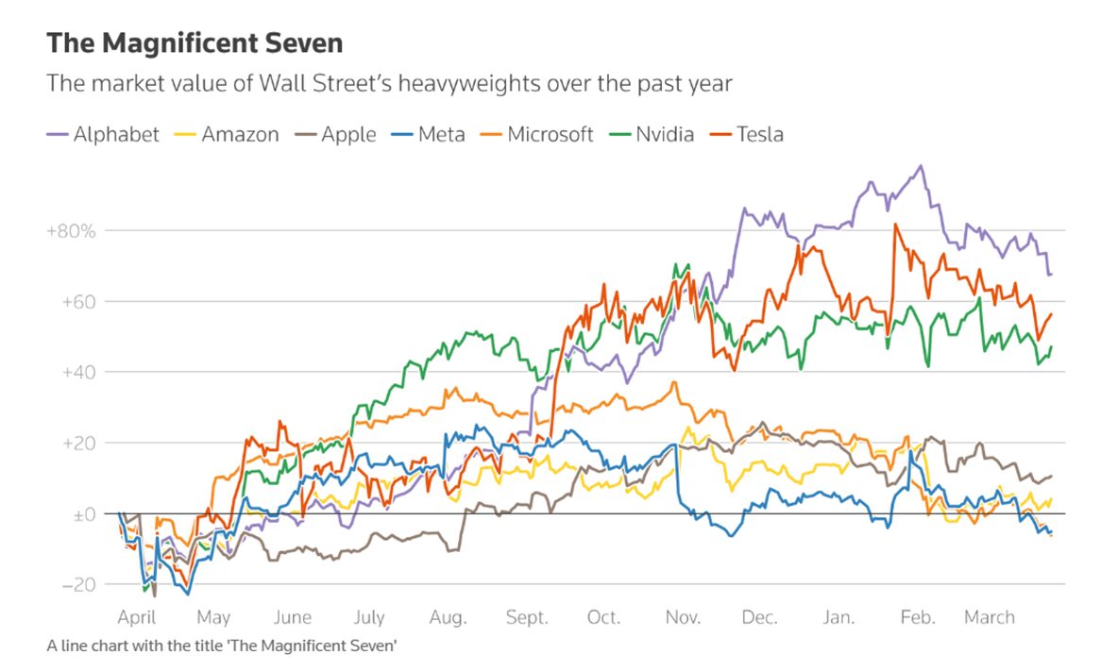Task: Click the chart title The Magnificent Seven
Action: click(x=195, y=43)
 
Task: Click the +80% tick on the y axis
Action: click(x=71, y=231)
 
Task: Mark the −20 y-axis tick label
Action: click(x=77, y=585)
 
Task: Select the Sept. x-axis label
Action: click(x=527, y=618)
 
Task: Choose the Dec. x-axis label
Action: click(x=760, y=618)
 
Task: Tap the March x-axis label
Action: click(x=989, y=618)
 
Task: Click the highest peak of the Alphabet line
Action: click(x=921, y=166)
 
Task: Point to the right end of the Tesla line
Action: click(x=1052, y=313)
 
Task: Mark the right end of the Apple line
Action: click(x=1052, y=476)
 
